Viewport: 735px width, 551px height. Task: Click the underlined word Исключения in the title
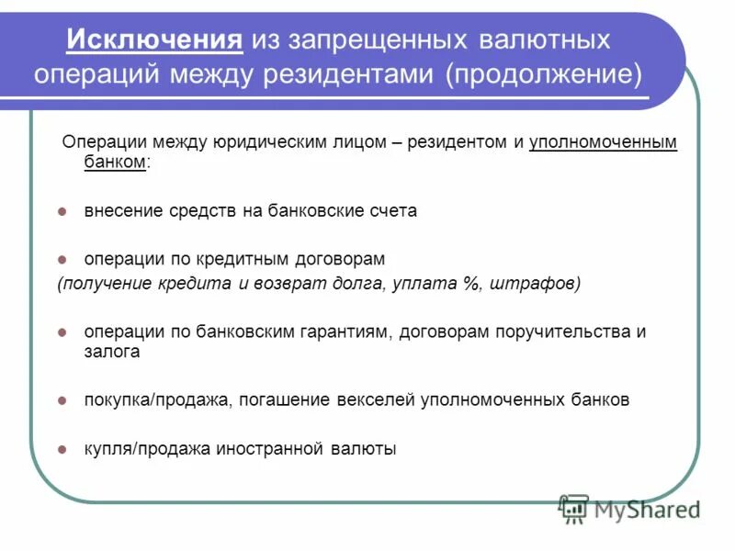[x=155, y=39]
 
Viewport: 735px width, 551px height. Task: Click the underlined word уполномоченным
[x=604, y=142]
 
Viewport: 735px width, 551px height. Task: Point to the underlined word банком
[x=115, y=161]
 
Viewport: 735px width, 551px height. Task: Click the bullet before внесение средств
[x=62, y=211]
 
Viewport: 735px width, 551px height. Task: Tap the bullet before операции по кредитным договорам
[x=62, y=260]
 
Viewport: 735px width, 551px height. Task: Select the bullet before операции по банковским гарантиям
[x=62, y=332]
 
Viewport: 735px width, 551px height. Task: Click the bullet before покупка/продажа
[x=62, y=400]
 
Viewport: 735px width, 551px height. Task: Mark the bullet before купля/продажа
[x=62, y=450]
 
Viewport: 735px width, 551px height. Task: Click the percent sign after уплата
[x=471, y=284]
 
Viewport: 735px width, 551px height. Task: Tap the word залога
[x=112, y=351]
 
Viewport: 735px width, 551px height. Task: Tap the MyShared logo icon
[x=573, y=508]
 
